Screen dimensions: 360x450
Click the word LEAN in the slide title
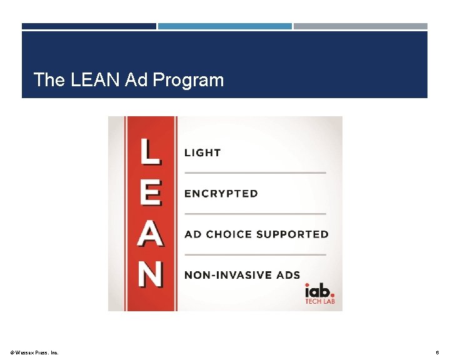coord(93,80)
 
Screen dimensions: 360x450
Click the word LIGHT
coord(202,152)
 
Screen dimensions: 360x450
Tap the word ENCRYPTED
coord(221,194)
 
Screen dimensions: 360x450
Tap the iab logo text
coord(319,291)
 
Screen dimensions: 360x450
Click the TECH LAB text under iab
coord(319,302)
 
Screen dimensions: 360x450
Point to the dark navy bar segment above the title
coord(89,26)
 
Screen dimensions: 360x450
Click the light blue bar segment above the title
coord(224,26)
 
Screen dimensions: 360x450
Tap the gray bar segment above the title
coord(361,26)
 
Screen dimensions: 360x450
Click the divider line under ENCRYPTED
coord(255,214)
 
